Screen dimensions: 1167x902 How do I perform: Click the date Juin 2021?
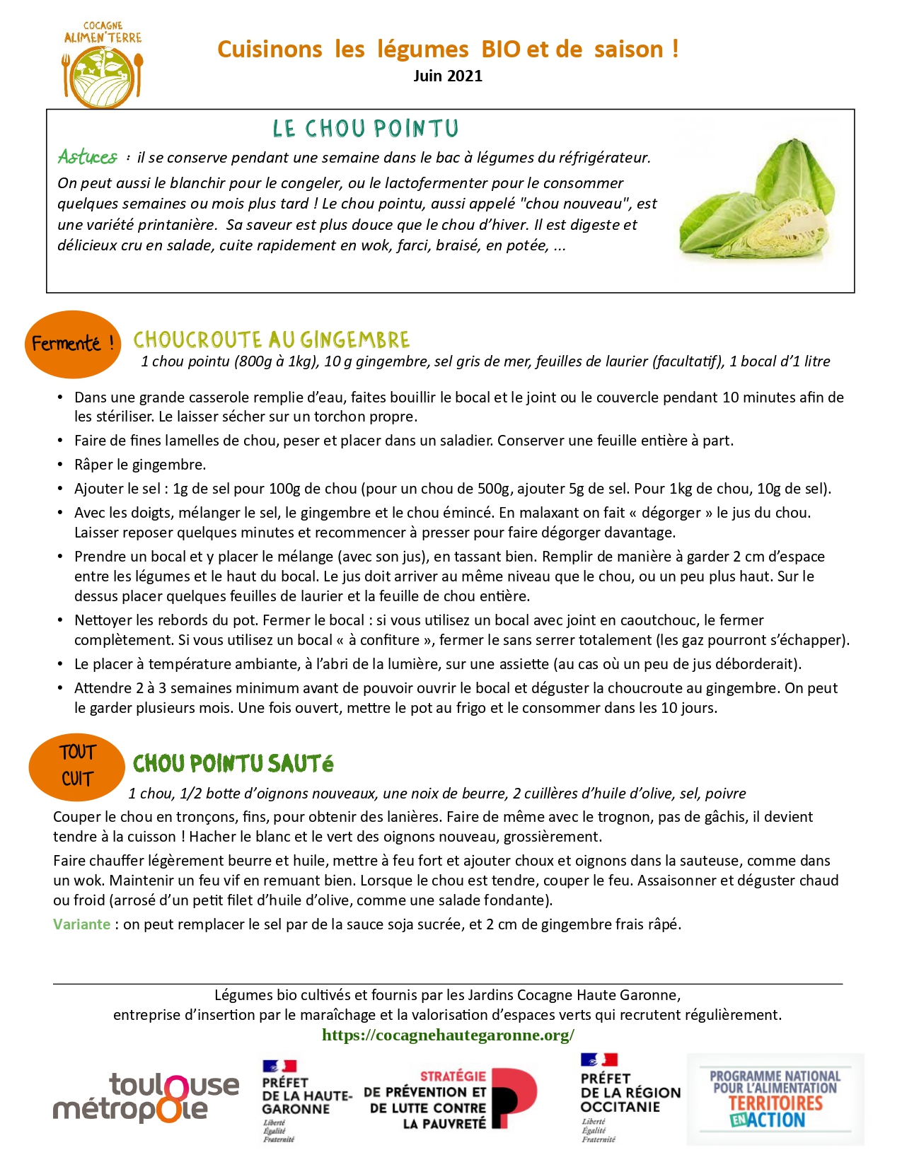click(x=448, y=76)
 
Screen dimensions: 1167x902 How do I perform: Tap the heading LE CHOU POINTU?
click(x=366, y=129)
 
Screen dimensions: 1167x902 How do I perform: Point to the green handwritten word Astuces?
click(x=88, y=156)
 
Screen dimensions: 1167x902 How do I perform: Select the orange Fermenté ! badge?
click(x=73, y=344)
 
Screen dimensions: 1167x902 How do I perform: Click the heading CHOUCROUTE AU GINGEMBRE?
click(x=271, y=340)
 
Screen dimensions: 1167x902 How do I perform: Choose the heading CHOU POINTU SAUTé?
click(x=233, y=764)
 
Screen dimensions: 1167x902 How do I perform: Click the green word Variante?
click(x=81, y=924)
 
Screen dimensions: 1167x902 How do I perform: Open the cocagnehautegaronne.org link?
click(x=448, y=1035)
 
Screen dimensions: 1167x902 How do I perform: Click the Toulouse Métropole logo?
click(x=146, y=1098)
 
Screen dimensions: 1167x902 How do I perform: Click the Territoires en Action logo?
click(x=775, y=1099)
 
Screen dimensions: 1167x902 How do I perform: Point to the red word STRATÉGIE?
click(x=453, y=1076)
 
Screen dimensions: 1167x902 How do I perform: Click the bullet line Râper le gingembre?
click(x=140, y=465)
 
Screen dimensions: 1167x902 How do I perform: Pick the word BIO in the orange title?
click(x=500, y=50)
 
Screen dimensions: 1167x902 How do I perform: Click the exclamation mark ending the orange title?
click(x=676, y=50)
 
